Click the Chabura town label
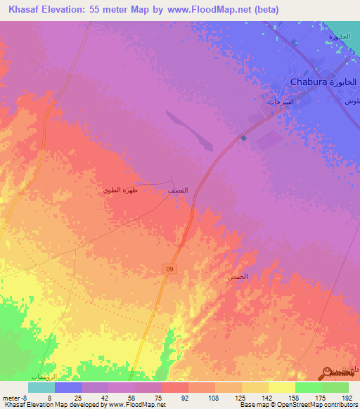[309, 82]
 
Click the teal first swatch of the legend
[41, 387]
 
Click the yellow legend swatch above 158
[281, 387]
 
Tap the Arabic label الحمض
[237, 278]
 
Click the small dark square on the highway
[243, 138]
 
